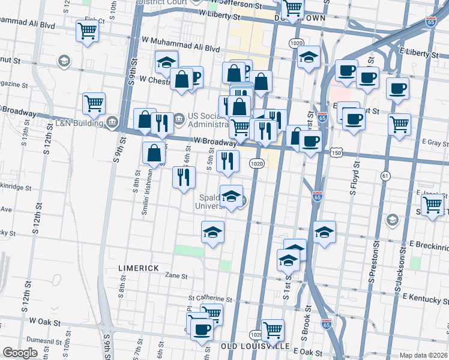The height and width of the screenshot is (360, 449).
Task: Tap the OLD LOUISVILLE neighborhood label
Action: pos(256,347)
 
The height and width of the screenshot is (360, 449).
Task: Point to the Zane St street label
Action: pos(176,276)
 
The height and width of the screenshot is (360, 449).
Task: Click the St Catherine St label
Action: pos(209,298)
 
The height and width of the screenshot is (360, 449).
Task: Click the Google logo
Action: pos(20,353)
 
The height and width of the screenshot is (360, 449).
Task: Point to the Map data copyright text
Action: pos(424,355)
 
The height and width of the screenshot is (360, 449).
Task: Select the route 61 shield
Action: pos(385,176)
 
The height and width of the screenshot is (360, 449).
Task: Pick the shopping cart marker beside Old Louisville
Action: pos(273,329)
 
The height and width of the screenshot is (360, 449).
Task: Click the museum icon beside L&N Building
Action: pos(112,122)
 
